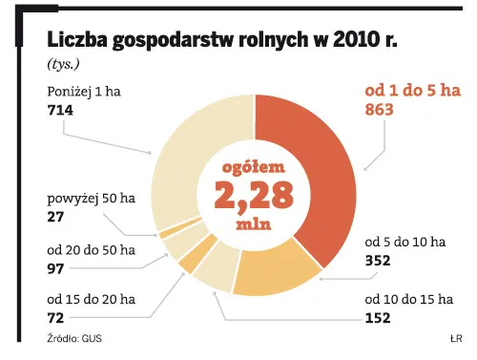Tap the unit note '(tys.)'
click(x=63, y=64)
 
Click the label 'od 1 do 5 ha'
click(x=413, y=91)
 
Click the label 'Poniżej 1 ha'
click(x=85, y=92)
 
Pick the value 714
click(x=60, y=111)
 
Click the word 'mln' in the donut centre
click(x=253, y=226)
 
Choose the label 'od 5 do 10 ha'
click(x=405, y=242)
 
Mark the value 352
click(x=379, y=260)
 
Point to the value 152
click(x=379, y=319)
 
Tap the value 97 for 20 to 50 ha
click(x=56, y=269)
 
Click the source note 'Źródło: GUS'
click(x=75, y=339)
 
